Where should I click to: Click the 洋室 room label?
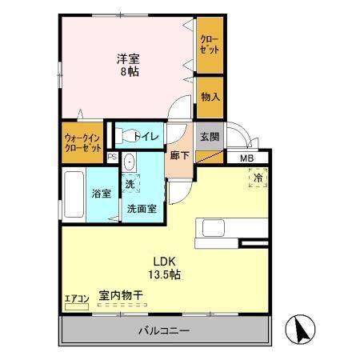[129, 58]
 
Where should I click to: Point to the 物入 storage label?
[210, 97]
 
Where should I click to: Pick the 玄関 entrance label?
[210, 136]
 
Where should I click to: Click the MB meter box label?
[248, 158]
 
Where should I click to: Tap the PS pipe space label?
[112, 157]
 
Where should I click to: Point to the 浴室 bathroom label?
[101, 193]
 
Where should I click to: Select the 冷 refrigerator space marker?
[262, 178]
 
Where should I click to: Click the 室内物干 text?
[121, 296]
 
